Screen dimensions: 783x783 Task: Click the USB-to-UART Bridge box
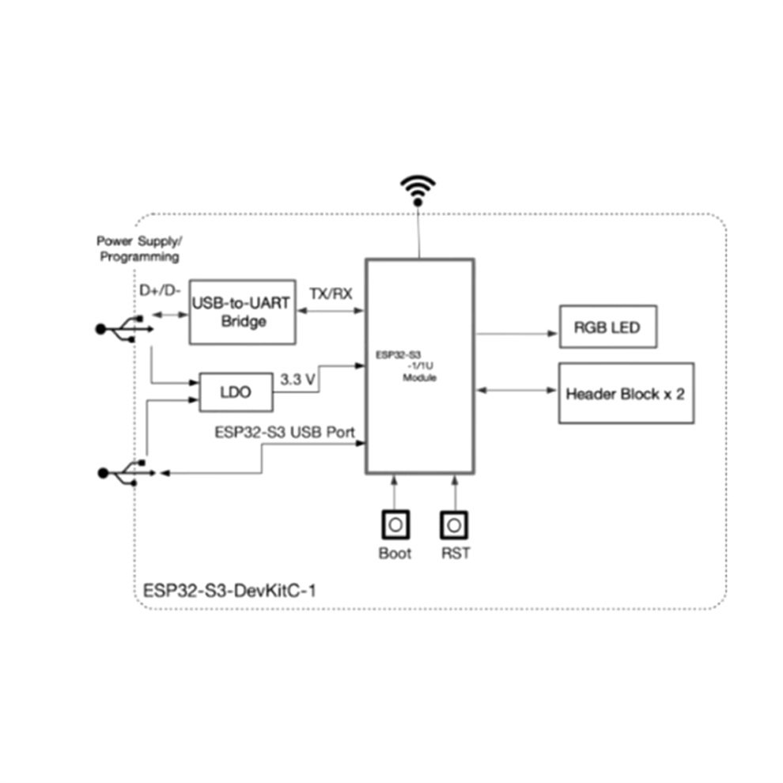pos(243,312)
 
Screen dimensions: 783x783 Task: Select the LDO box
pos(234,391)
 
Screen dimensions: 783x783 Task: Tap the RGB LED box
pos(607,326)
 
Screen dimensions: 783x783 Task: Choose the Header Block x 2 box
pos(625,393)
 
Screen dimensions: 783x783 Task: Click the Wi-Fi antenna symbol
pos(417,190)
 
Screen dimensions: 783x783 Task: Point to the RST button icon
pos(454,524)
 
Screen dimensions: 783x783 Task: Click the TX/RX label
pos(331,293)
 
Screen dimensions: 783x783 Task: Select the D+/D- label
pos(160,291)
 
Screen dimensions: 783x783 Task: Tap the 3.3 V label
pos(298,380)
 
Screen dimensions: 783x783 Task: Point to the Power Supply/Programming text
pos(138,248)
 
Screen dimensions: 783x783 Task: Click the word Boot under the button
pos(395,554)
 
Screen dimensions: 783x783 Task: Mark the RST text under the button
pos(455,554)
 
